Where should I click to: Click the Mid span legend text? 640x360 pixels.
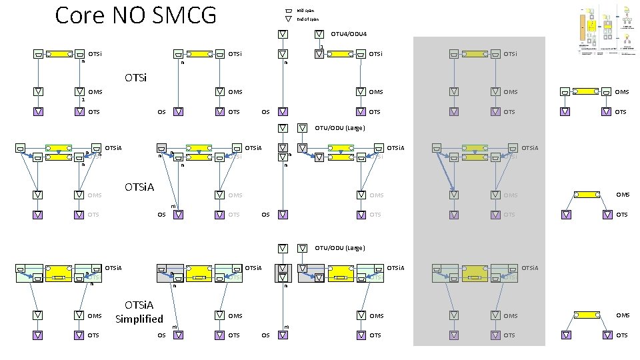coord(306,11)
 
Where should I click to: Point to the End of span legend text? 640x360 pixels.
coord(308,19)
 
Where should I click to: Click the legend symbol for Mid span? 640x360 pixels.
coord(288,11)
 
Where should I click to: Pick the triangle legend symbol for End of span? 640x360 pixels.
coord(288,19)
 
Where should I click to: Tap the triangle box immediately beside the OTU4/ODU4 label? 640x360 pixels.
coord(319,33)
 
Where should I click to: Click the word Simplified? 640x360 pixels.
coord(139,319)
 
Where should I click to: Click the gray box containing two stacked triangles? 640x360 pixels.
coord(283,273)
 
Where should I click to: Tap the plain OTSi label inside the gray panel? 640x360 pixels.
coord(511,53)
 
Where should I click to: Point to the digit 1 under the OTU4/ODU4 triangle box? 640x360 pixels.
coord(321,46)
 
